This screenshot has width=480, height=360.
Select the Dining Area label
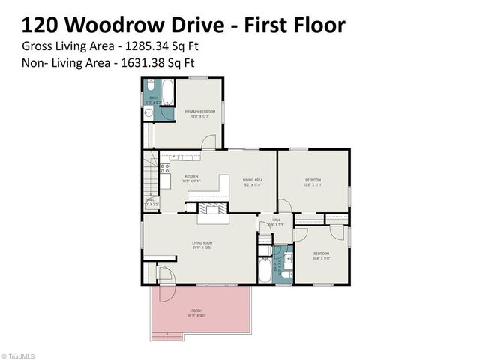[x=252, y=181]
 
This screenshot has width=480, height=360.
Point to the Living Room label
[x=202, y=244]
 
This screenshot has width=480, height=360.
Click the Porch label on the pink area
[x=197, y=312]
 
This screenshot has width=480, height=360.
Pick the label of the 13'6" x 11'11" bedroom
[x=313, y=182]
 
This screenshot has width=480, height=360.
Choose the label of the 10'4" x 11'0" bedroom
[x=321, y=255]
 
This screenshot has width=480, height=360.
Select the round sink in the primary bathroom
[x=148, y=115]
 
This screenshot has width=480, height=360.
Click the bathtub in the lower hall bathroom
[x=265, y=268]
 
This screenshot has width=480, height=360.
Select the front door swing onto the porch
[x=166, y=277]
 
